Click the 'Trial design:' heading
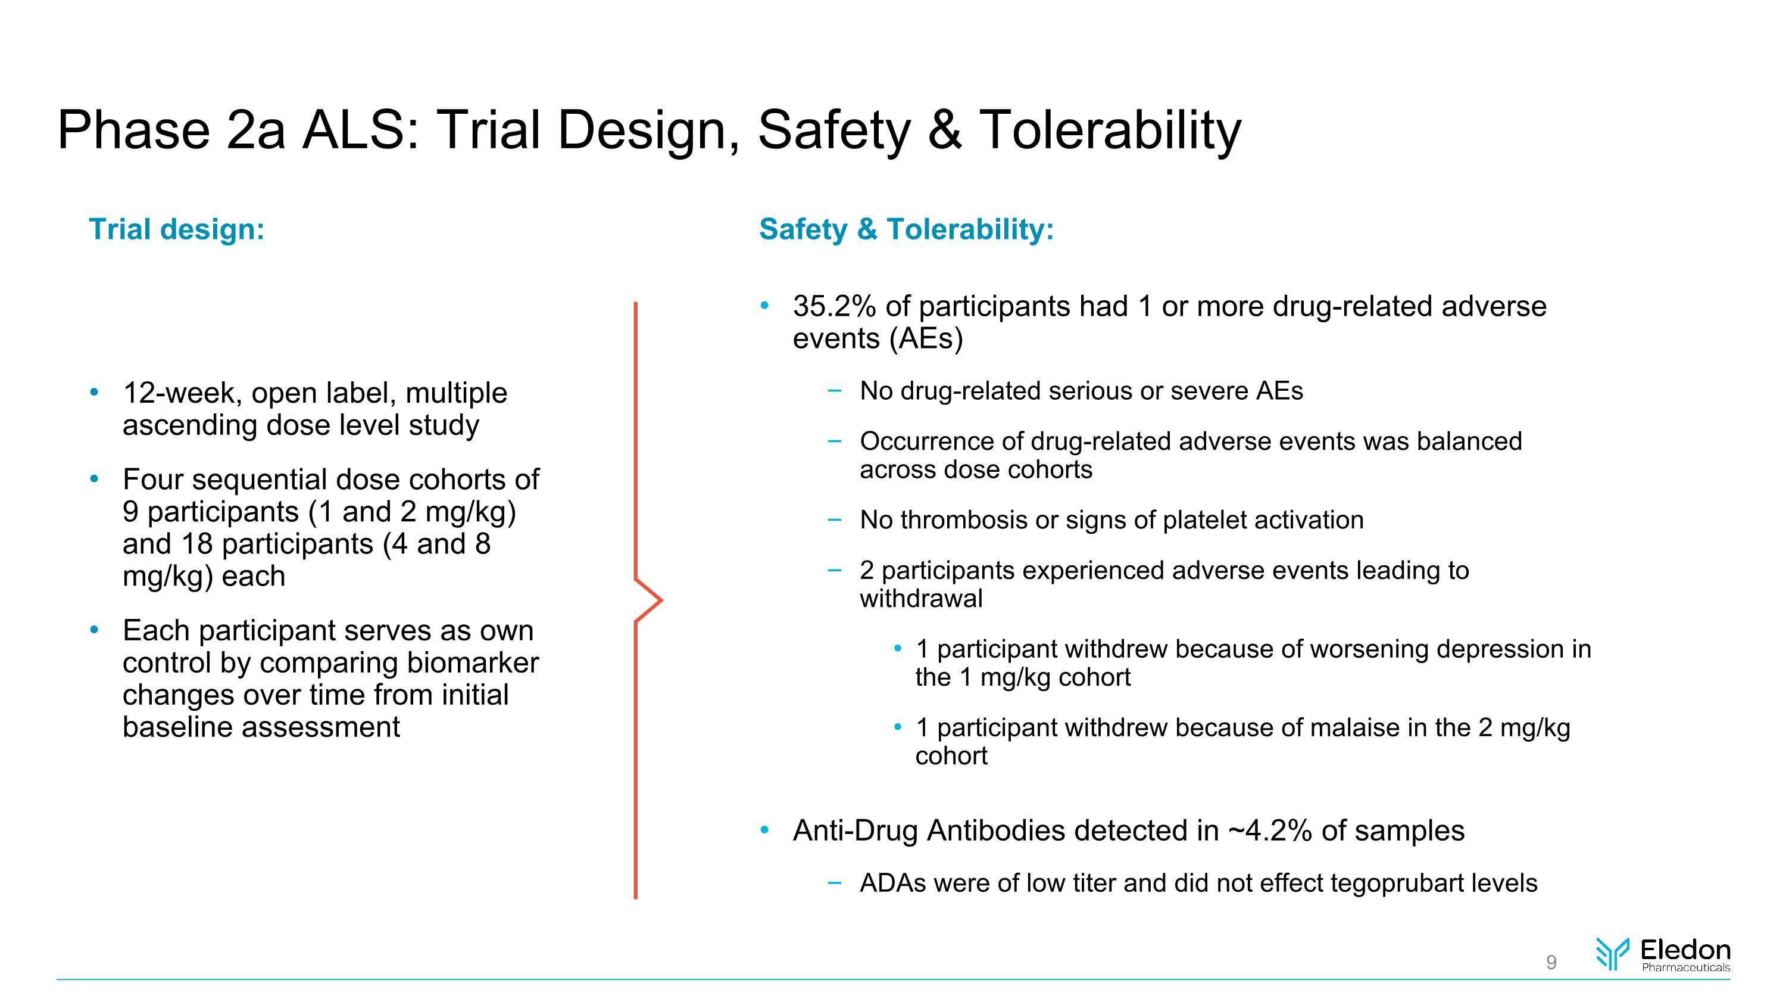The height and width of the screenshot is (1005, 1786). click(177, 229)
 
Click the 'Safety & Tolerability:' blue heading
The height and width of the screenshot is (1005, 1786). click(906, 229)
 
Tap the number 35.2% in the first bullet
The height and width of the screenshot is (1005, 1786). click(834, 307)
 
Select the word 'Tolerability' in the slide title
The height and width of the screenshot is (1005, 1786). click(1109, 130)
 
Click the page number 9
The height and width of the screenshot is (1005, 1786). click(1551, 962)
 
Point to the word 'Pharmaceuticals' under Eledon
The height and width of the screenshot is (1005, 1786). click(1685, 967)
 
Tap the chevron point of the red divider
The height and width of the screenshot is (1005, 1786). click(660, 600)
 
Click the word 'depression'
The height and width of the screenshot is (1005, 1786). click(1497, 649)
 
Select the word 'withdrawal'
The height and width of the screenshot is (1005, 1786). click(921, 599)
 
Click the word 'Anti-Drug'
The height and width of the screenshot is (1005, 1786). click(855, 831)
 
